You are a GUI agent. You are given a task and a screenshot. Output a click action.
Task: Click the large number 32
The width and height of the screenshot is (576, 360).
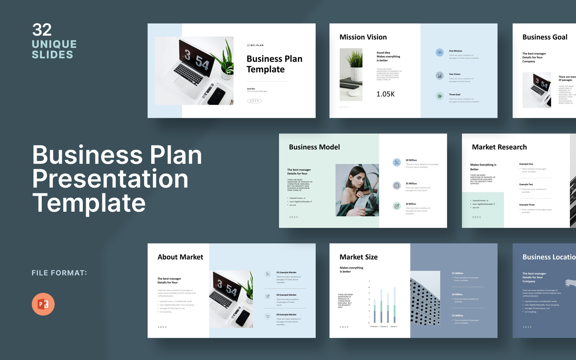[x=42, y=30]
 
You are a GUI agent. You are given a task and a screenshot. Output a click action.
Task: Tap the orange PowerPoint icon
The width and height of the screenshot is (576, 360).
[x=43, y=304]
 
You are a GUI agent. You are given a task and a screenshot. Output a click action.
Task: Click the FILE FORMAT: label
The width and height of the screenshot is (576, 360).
[x=59, y=273]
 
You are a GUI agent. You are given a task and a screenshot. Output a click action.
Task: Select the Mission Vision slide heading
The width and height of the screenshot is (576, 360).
[x=363, y=37]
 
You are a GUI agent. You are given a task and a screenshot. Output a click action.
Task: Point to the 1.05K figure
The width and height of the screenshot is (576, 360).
[x=386, y=94]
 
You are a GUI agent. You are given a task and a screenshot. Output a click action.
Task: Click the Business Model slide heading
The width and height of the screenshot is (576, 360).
[x=314, y=147]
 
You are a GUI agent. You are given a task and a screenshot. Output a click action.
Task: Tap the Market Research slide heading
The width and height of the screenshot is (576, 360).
[x=499, y=147]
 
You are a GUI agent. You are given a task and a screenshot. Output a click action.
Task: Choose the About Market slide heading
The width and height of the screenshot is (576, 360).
[x=180, y=257]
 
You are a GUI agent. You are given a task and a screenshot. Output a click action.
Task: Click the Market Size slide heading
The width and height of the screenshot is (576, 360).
[x=359, y=257]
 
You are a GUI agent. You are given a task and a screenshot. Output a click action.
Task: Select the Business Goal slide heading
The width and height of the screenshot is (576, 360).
[x=545, y=37]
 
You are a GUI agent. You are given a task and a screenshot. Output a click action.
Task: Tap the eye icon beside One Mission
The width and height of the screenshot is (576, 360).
[x=440, y=53]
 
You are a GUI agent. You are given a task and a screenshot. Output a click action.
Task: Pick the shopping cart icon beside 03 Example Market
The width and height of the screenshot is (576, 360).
[x=267, y=316]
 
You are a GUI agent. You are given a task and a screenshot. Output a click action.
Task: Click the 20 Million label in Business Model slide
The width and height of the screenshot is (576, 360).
[x=411, y=160]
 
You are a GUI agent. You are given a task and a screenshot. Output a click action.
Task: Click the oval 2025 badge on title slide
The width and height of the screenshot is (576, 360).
[x=255, y=101]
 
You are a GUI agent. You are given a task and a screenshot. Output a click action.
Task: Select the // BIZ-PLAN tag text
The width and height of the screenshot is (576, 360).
[x=255, y=45]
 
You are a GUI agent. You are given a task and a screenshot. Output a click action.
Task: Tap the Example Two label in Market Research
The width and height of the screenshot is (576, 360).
[x=526, y=184]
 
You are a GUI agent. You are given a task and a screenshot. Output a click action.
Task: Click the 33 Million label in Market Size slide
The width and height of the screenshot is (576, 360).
[x=458, y=316]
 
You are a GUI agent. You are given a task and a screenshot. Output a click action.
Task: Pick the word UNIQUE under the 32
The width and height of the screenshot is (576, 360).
[x=54, y=44]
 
